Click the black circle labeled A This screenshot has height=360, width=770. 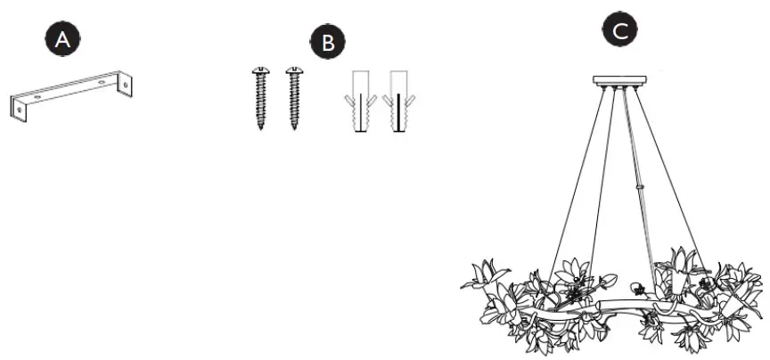click(60, 40)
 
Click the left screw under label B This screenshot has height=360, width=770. click(261, 98)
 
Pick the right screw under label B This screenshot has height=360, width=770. click(293, 98)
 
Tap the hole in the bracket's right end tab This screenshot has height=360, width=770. click(127, 86)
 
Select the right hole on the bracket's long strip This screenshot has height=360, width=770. click(101, 81)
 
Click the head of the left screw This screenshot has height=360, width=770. click(261, 70)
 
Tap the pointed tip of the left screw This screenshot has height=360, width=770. click(261, 128)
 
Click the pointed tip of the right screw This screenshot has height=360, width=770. click(293, 128)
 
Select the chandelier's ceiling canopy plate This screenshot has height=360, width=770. click(619, 80)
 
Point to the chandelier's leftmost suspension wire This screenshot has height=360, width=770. click(579, 178)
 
